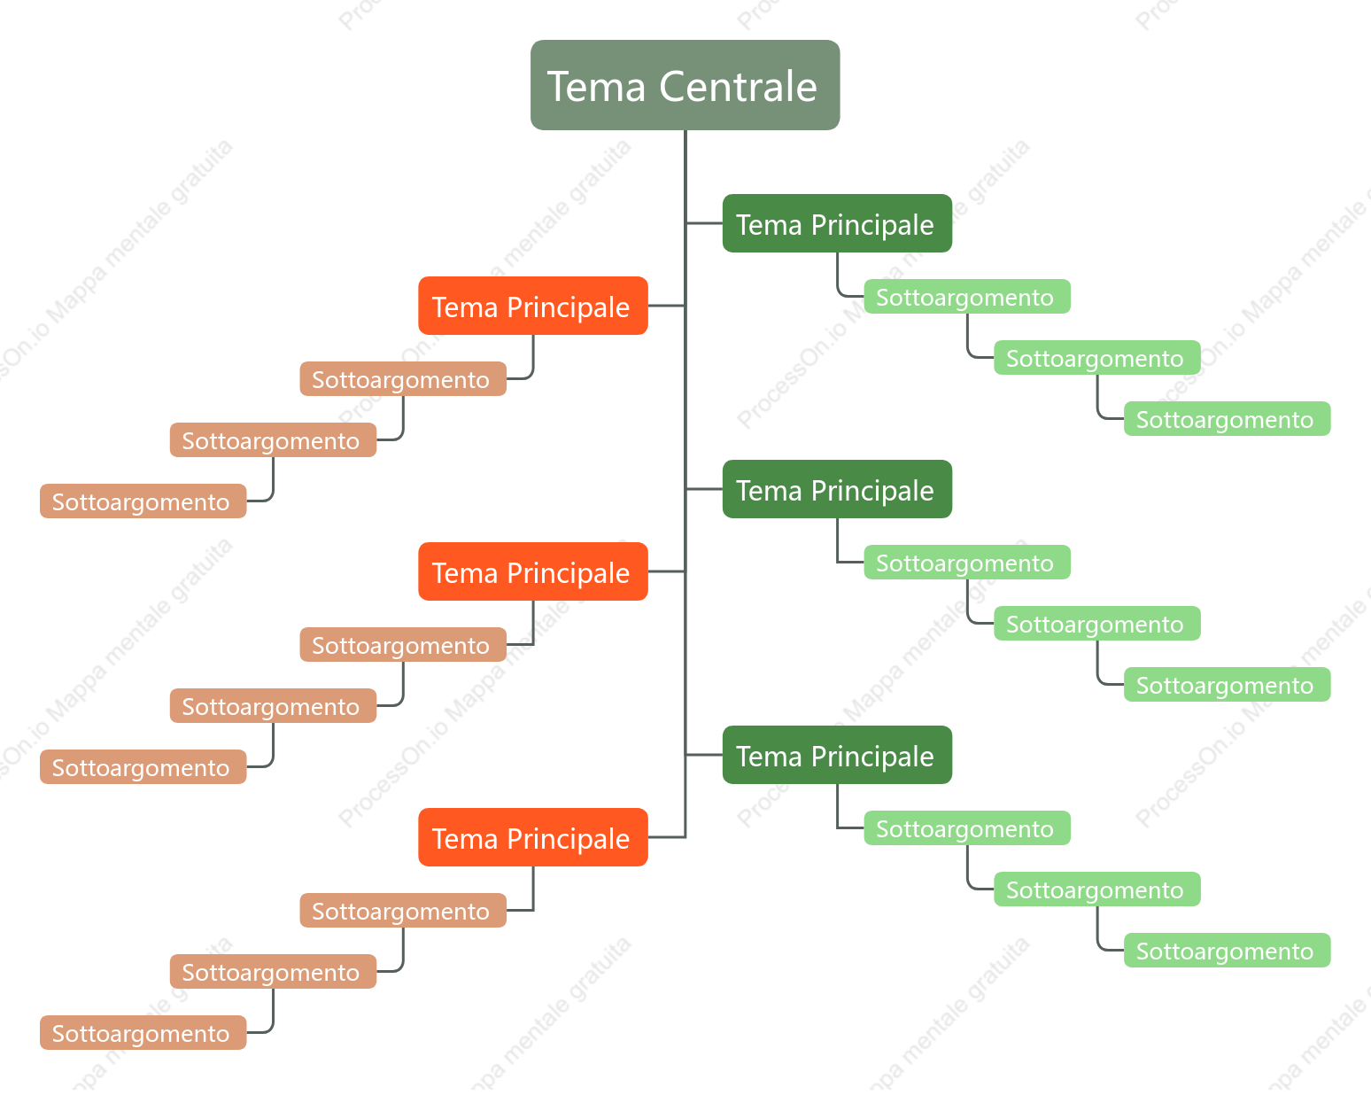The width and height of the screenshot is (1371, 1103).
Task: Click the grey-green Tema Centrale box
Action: pyautogui.click(x=685, y=85)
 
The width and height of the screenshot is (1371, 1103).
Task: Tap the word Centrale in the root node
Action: pyautogui.click(x=738, y=87)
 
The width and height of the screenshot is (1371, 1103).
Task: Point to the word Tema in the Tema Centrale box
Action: pyautogui.click(x=596, y=87)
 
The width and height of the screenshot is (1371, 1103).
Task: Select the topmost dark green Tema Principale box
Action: pyautogui.click(x=837, y=223)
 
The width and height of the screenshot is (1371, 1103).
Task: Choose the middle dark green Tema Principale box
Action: pyautogui.click(x=837, y=489)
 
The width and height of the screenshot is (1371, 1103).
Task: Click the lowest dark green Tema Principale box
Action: pyautogui.click(x=837, y=755)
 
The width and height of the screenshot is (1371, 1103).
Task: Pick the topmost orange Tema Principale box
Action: pyautogui.click(x=533, y=306)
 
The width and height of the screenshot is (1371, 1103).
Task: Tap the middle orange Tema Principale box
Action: pyautogui.click(x=533, y=571)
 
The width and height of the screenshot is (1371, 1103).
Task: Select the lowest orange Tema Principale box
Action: pyautogui.click(x=533, y=836)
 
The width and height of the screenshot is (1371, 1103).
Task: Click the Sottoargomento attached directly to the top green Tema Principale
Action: pyautogui.click(x=967, y=296)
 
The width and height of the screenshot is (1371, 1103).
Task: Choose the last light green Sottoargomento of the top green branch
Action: pyautogui.click(x=1227, y=419)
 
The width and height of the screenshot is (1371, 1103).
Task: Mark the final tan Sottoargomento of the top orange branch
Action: pyautogui.click(x=143, y=501)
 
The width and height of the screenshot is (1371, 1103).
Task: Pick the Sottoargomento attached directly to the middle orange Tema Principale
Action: pyautogui.click(x=403, y=644)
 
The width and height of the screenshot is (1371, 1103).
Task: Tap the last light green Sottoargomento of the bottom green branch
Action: pyautogui.click(x=1227, y=950)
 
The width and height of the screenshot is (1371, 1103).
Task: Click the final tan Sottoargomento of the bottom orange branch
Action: pyautogui.click(x=143, y=1032)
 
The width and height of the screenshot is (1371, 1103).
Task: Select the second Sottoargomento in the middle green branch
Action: pyautogui.click(x=1097, y=623)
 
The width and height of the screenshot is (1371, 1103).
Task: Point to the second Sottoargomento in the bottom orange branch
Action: pyautogui.click(x=274, y=971)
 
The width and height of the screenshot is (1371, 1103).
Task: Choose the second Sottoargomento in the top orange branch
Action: pyautogui.click(x=274, y=439)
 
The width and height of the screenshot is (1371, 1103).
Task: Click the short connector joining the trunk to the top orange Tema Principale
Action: pyautogui.click(x=666, y=306)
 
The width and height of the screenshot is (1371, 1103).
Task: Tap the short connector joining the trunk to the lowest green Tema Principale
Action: pyautogui.click(x=704, y=755)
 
